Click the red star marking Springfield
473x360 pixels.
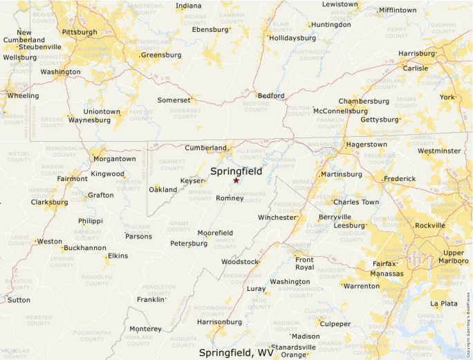click(236, 180)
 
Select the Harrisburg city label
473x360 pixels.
click(416, 53)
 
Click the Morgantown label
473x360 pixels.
click(114, 159)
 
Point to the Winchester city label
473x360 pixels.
click(277, 217)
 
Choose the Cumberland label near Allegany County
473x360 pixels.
click(205, 148)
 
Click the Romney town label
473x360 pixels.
click(230, 198)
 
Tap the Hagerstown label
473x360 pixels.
click(367, 144)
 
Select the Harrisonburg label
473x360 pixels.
click(219, 322)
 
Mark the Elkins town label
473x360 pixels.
click(118, 256)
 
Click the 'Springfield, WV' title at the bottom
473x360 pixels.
click(236, 352)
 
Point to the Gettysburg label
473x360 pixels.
click(380, 120)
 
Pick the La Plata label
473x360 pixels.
click(444, 303)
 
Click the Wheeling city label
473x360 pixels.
click(23, 95)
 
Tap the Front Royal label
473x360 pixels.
click(304, 263)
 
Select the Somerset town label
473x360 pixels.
click(174, 100)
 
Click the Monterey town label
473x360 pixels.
click(145, 329)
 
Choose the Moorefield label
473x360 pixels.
click(215, 233)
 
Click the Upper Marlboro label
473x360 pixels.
click(454, 256)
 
